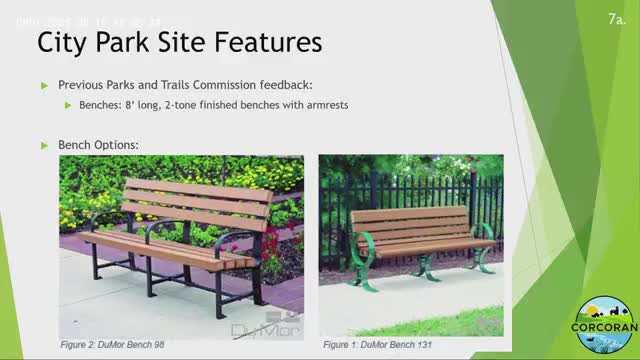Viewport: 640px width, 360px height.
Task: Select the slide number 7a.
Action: coord(617,19)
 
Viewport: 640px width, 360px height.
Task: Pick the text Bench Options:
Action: coord(98,145)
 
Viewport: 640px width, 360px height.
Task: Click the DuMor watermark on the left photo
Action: coord(264,328)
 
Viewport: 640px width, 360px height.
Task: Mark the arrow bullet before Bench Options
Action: coord(44,145)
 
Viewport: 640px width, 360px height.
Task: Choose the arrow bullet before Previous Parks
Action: coord(44,86)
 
